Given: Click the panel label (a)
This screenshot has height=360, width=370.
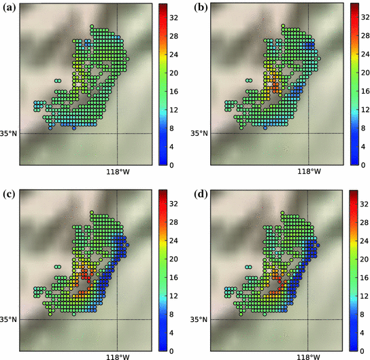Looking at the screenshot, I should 9,7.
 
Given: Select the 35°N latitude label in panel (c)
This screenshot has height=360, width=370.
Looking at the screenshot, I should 9,319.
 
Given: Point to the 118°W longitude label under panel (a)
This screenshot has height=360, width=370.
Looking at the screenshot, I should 118,171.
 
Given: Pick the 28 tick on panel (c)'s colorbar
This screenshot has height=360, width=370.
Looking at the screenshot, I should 175,221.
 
